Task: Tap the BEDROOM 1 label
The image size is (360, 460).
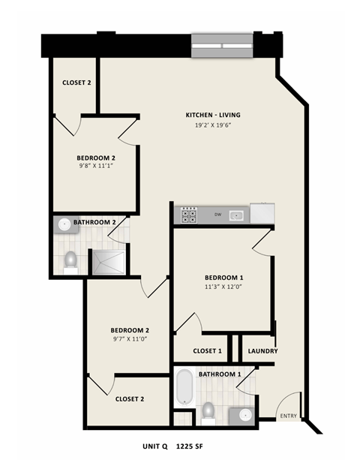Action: tap(223, 277)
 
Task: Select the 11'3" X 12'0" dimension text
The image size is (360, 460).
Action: tap(223, 287)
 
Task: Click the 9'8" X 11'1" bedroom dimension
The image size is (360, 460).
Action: tap(95, 169)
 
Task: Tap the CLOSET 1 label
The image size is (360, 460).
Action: tap(207, 350)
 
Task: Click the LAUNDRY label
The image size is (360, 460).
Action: tap(263, 350)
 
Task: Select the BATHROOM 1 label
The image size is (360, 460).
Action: tap(219, 374)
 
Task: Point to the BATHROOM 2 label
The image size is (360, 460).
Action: tap(94, 222)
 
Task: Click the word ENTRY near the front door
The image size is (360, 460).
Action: tap(287, 416)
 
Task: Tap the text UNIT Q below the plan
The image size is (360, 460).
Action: tap(158, 444)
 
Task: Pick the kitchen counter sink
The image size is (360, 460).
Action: tap(237, 215)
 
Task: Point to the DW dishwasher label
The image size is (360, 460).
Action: tap(217, 215)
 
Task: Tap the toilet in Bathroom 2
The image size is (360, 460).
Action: tap(70, 260)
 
